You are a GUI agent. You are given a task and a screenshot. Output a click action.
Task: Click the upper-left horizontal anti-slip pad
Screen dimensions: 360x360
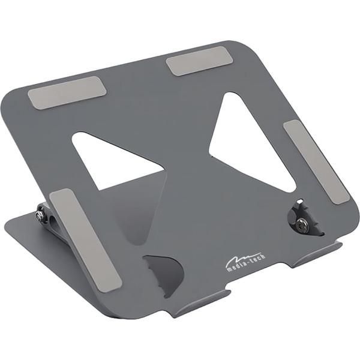pos(67,92)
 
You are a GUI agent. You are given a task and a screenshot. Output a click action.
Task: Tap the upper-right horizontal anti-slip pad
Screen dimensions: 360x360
pos(200,61)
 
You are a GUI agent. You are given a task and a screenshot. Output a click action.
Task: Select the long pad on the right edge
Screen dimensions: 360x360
pos(316,161)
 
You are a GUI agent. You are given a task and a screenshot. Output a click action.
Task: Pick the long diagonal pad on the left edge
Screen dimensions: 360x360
pos(85,241)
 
